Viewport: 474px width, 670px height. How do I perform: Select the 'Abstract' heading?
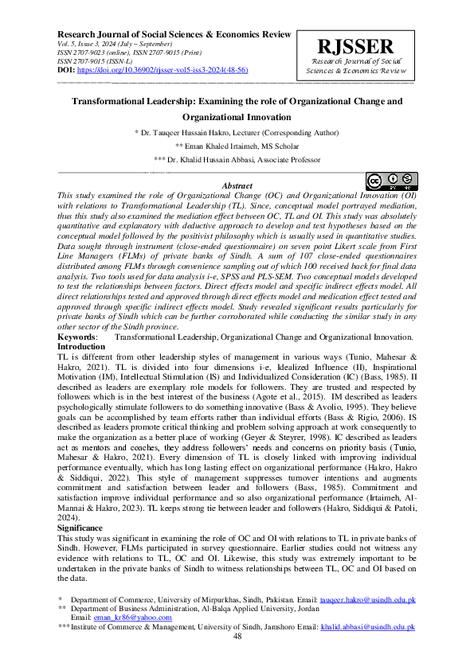pyautogui.click(x=237, y=185)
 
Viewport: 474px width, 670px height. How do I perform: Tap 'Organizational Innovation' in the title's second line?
pyautogui.click(x=237, y=117)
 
